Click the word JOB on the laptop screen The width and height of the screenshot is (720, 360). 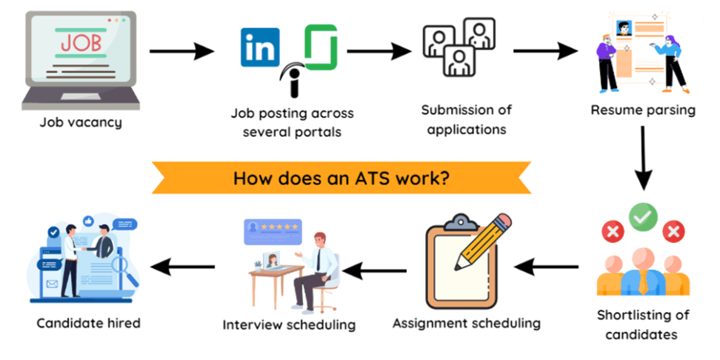click(x=80, y=43)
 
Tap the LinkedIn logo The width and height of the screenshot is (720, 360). click(x=260, y=47)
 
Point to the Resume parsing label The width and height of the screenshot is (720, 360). click(x=643, y=110)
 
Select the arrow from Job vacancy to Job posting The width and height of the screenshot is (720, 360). click(x=181, y=52)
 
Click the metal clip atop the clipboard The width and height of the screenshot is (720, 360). click(x=462, y=220)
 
